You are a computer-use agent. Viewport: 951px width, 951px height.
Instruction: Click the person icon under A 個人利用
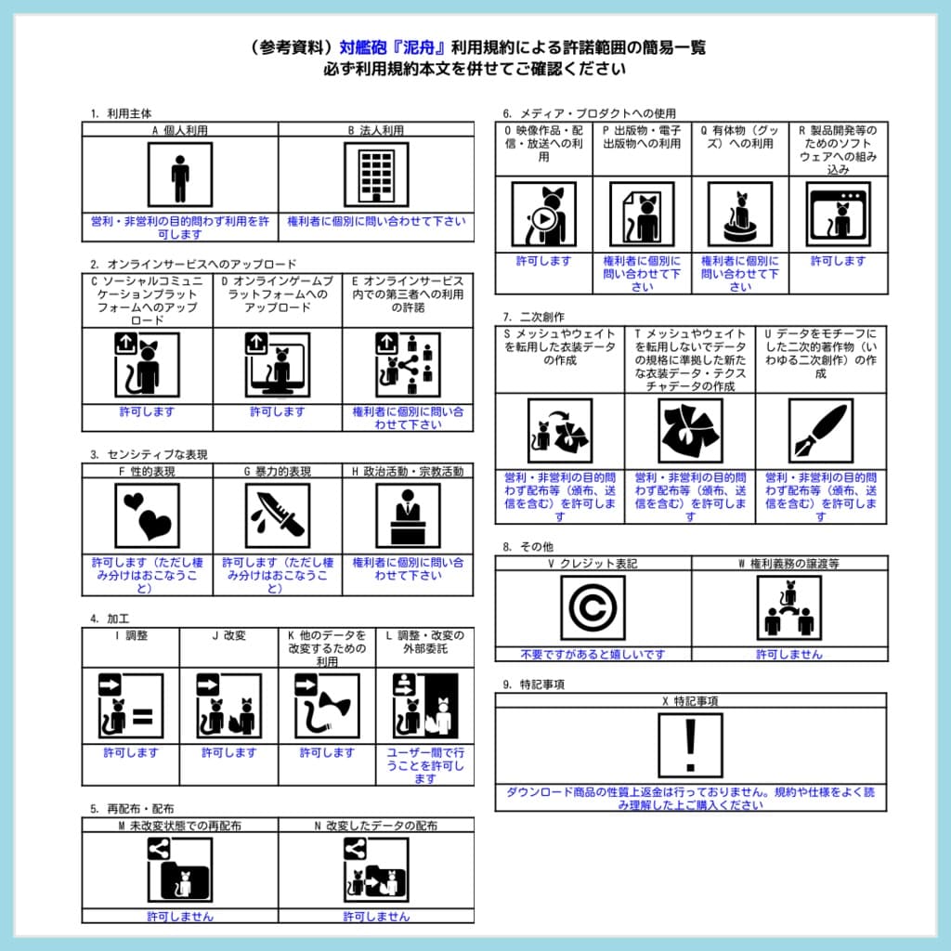tap(180, 174)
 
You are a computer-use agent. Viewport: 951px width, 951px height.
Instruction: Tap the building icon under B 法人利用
tap(376, 174)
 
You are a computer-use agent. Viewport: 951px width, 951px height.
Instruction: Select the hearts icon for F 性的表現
tap(147, 515)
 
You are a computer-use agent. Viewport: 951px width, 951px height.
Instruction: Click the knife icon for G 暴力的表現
tap(277, 515)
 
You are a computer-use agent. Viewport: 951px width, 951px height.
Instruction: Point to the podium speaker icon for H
tap(408, 515)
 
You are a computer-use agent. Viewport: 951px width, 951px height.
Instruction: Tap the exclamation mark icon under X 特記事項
tap(690, 745)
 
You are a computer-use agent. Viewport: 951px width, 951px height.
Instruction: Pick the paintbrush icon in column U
tap(820, 430)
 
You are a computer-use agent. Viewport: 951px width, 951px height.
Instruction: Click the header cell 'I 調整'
tap(130, 636)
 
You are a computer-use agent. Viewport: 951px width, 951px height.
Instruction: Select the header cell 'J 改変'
tap(228, 636)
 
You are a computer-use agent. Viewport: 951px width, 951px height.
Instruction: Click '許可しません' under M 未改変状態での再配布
tap(180, 917)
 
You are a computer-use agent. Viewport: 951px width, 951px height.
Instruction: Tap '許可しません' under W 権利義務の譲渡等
tap(788, 654)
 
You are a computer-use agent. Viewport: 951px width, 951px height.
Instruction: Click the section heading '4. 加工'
tap(109, 619)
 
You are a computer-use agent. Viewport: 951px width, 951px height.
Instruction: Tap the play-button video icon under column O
tap(543, 214)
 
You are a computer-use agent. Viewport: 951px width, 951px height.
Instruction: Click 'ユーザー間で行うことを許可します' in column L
tap(424, 765)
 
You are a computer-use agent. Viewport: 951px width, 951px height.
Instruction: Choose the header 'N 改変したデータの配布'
tap(376, 826)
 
